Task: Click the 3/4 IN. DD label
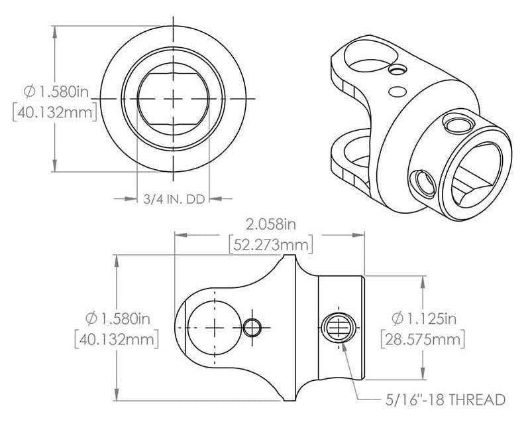tap(173, 198)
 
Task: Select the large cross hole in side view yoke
tap(216, 327)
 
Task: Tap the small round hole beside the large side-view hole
tap(252, 327)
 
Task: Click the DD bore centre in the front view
tap(174, 98)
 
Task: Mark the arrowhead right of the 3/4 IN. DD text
tap(223, 198)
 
